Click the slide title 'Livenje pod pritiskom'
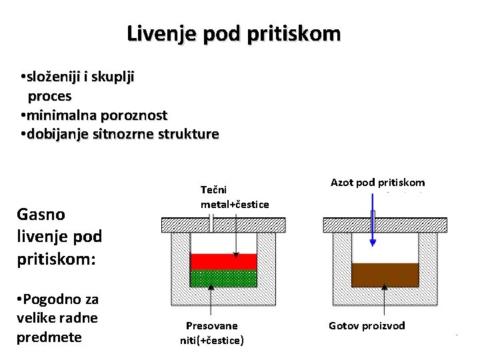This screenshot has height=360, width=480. pos(234,33)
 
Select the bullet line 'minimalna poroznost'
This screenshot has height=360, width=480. pos(94,115)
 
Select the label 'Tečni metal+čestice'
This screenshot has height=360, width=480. pos(234,197)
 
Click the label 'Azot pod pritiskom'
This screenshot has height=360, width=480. pos(377,182)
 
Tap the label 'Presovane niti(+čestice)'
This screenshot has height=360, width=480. pos(212,333)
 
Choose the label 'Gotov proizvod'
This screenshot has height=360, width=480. pos(367,325)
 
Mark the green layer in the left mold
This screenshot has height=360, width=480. pos(223,278)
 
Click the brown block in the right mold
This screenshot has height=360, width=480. pos(385,274)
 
